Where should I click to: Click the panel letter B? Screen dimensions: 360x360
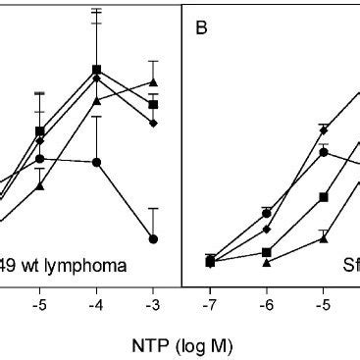[201, 27]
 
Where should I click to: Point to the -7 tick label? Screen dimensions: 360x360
[210, 304]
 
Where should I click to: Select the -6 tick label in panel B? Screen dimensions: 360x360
[266, 304]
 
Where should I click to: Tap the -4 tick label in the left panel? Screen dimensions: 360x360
[96, 304]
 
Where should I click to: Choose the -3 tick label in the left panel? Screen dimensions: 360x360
[153, 304]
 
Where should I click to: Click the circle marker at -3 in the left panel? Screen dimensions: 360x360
[153, 238]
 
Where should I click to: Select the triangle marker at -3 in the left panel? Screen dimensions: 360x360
[153, 82]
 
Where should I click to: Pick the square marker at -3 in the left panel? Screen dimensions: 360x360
[153, 104]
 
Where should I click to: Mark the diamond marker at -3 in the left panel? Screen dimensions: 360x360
[153, 123]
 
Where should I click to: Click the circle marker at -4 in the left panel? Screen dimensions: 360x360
[96, 162]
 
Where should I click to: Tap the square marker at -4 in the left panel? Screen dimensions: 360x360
[96, 69]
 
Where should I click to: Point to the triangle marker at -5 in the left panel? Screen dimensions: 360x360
[40, 185]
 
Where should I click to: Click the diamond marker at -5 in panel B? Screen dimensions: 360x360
[323, 129]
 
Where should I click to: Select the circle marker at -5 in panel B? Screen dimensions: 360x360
[323, 152]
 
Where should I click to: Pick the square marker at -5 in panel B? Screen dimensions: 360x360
[323, 197]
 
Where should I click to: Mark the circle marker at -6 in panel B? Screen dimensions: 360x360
[266, 213]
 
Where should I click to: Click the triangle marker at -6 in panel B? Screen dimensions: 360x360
[266, 262]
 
